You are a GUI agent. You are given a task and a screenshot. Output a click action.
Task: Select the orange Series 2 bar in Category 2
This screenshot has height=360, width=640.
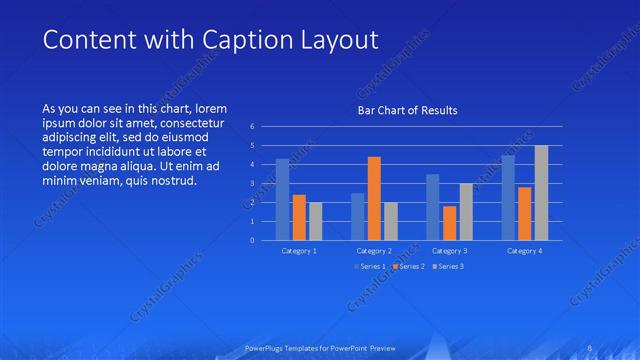[x=374, y=198]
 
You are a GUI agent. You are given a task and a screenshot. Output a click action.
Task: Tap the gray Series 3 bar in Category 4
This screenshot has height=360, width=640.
[x=541, y=193]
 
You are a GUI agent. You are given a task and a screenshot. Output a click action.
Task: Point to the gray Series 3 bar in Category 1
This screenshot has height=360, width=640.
[x=315, y=221]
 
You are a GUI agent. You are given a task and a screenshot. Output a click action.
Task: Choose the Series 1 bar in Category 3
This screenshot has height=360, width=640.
[x=432, y=207]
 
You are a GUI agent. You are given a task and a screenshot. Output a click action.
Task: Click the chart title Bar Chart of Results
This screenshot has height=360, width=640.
[x=407, y=111]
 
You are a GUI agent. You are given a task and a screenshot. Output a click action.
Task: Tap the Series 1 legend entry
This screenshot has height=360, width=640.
[x=369, y=266]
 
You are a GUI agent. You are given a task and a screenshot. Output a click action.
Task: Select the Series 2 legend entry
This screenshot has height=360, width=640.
[x=411, y=266]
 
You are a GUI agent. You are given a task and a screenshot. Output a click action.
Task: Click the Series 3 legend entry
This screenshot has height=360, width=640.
[x=449, y=266]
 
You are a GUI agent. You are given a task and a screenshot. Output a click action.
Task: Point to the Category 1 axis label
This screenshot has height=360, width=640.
[x=299, y=251]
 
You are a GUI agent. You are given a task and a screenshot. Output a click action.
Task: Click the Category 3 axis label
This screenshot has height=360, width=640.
[x=449, y=251]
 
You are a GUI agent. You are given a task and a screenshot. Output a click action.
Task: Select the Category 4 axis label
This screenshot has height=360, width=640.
[x=524, y=251]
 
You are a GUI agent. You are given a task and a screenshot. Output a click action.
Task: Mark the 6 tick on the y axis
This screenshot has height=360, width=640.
[x=253, y=127]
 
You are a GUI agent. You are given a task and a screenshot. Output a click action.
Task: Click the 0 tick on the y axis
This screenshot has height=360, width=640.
[x=253, y=240]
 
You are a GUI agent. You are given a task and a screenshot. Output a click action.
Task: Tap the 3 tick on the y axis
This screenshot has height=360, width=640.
[x=253, y=183]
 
